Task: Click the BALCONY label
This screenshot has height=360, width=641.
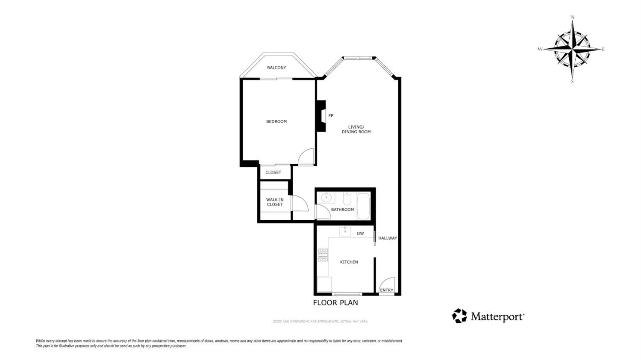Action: (276, 68)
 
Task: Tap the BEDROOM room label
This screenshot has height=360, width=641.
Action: (276, 121)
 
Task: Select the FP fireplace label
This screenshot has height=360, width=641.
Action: (331, 115)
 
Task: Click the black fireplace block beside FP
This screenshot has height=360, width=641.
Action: (321, 116)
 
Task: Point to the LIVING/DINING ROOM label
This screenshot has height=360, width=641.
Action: (356, 129)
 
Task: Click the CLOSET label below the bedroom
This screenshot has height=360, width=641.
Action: (273, 172)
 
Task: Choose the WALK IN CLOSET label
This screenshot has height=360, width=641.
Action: (275, 202)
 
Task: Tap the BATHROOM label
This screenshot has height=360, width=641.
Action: (342, 210)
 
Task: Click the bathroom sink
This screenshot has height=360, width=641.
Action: (326, 197)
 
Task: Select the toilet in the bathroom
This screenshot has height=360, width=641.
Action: (347, 199)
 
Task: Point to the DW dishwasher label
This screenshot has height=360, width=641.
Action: (360, 233)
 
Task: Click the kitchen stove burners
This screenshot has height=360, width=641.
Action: (323, 255)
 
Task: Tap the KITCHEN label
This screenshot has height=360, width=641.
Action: (349, 262)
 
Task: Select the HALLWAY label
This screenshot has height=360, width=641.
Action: (388, 238)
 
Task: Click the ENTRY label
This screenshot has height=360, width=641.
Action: (386, 290)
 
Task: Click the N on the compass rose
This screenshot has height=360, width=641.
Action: (572, 18)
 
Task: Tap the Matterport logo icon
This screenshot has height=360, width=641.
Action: (459, 316)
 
